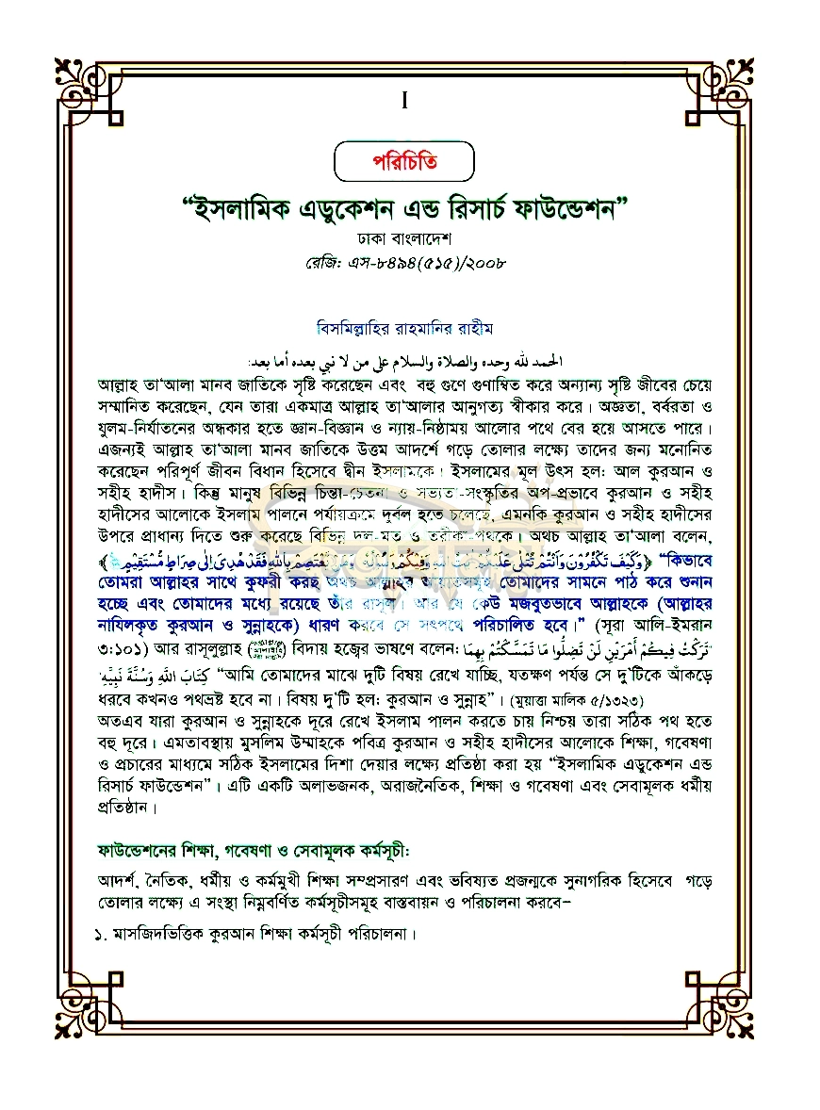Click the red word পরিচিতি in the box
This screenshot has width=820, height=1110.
(x=403, y=162)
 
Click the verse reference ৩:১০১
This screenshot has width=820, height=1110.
(x=124, y=628)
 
